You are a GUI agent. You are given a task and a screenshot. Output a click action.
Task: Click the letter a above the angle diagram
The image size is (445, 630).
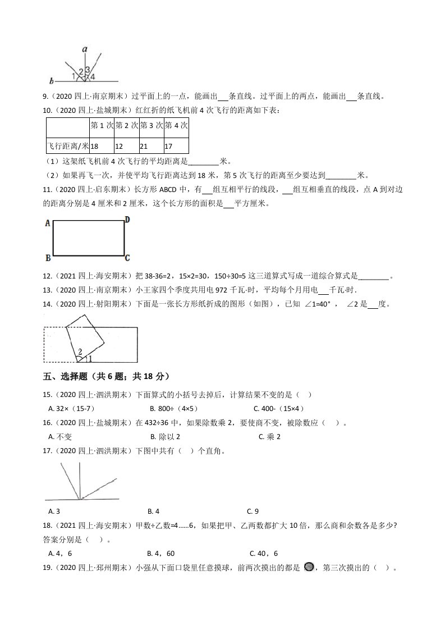(x=85, y=50)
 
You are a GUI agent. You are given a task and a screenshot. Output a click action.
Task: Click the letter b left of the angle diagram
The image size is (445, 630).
(x=51, y=80)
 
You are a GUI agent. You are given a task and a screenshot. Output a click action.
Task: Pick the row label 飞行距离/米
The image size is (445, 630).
(x=67, y=146)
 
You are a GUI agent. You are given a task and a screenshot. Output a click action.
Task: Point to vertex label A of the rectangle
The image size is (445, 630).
(x=48, y=223)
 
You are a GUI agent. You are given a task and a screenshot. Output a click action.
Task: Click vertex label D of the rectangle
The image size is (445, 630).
(x=127, y=220)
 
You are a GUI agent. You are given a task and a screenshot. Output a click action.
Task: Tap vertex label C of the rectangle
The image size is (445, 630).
(x=127, y=258)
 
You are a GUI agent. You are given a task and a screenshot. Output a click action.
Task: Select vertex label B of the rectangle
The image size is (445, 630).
(x=48, y=258)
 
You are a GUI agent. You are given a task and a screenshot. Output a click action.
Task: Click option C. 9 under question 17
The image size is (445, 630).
(x=252, y=511)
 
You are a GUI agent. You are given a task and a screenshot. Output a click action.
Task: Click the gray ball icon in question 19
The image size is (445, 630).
(x=308, y=568)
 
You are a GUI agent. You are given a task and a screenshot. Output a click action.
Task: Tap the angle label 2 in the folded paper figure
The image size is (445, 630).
(x=80, y=352)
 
